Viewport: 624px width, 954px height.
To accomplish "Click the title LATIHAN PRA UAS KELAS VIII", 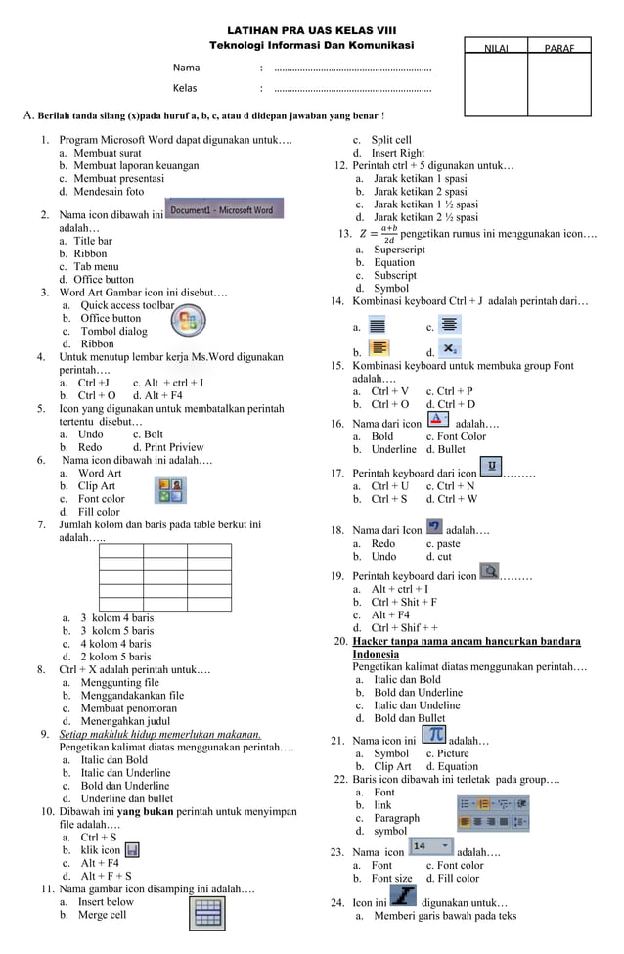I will click(x=311, y=31).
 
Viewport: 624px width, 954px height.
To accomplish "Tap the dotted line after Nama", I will click(x=353, y=68).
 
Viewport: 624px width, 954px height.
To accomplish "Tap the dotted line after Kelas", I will click(x=353, y=89).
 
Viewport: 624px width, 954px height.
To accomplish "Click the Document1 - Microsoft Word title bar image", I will click(x=224, y=209).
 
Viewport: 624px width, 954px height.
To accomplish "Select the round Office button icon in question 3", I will click(x=187, y=320).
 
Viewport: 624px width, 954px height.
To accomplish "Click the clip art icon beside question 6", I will click(x=171, y=489).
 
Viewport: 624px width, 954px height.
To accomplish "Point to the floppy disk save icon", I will click(x=132, y=850).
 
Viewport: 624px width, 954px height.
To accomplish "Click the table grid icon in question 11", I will click(x=206, y=913).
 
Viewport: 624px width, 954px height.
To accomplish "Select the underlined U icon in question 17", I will click(x=491, y=466).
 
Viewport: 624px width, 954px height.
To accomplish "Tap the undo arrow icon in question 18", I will click(x=435, y=525).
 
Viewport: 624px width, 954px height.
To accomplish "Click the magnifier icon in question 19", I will click(x=488, y=570).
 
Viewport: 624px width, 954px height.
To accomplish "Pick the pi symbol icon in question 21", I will click(x=433, y=735).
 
